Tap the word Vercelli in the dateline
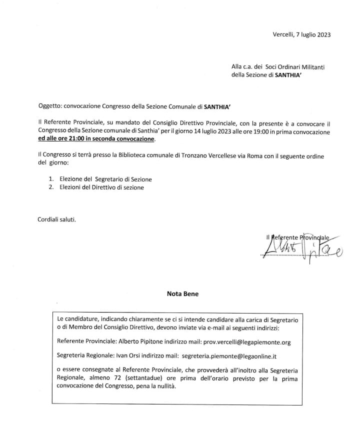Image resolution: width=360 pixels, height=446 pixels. (283, 35)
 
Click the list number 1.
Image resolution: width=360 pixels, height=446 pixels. (51, 179)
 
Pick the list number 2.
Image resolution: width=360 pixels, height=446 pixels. (51, 187)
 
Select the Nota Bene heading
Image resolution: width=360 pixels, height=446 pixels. (182, 294)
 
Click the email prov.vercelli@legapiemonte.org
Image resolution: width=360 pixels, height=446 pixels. (245, 342)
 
